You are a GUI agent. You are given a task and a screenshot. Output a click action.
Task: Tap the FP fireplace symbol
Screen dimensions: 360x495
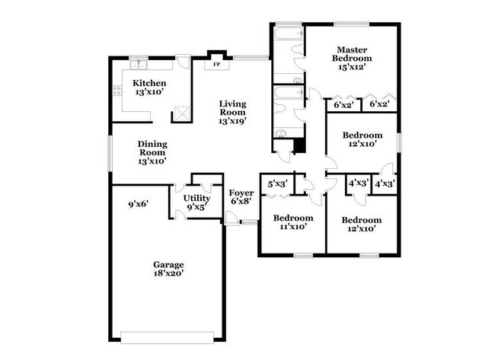216,64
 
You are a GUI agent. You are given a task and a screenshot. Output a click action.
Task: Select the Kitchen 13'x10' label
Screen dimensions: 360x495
149,88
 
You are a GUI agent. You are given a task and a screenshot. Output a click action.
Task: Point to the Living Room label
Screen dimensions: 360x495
232,113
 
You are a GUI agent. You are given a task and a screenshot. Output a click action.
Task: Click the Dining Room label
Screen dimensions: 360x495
152,152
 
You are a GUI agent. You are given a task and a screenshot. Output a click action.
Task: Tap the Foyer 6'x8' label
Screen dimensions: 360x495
241,198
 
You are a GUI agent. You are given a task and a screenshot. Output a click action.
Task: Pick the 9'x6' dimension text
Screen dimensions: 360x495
138,203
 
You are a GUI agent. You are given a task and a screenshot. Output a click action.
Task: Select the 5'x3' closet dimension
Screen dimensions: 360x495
276,183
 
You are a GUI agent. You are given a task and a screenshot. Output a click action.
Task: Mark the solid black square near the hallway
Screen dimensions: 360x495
299,145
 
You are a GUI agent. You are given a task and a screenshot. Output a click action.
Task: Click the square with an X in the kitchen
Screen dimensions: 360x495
181,114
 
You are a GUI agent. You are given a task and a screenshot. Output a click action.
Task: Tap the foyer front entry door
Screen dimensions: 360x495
232,218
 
